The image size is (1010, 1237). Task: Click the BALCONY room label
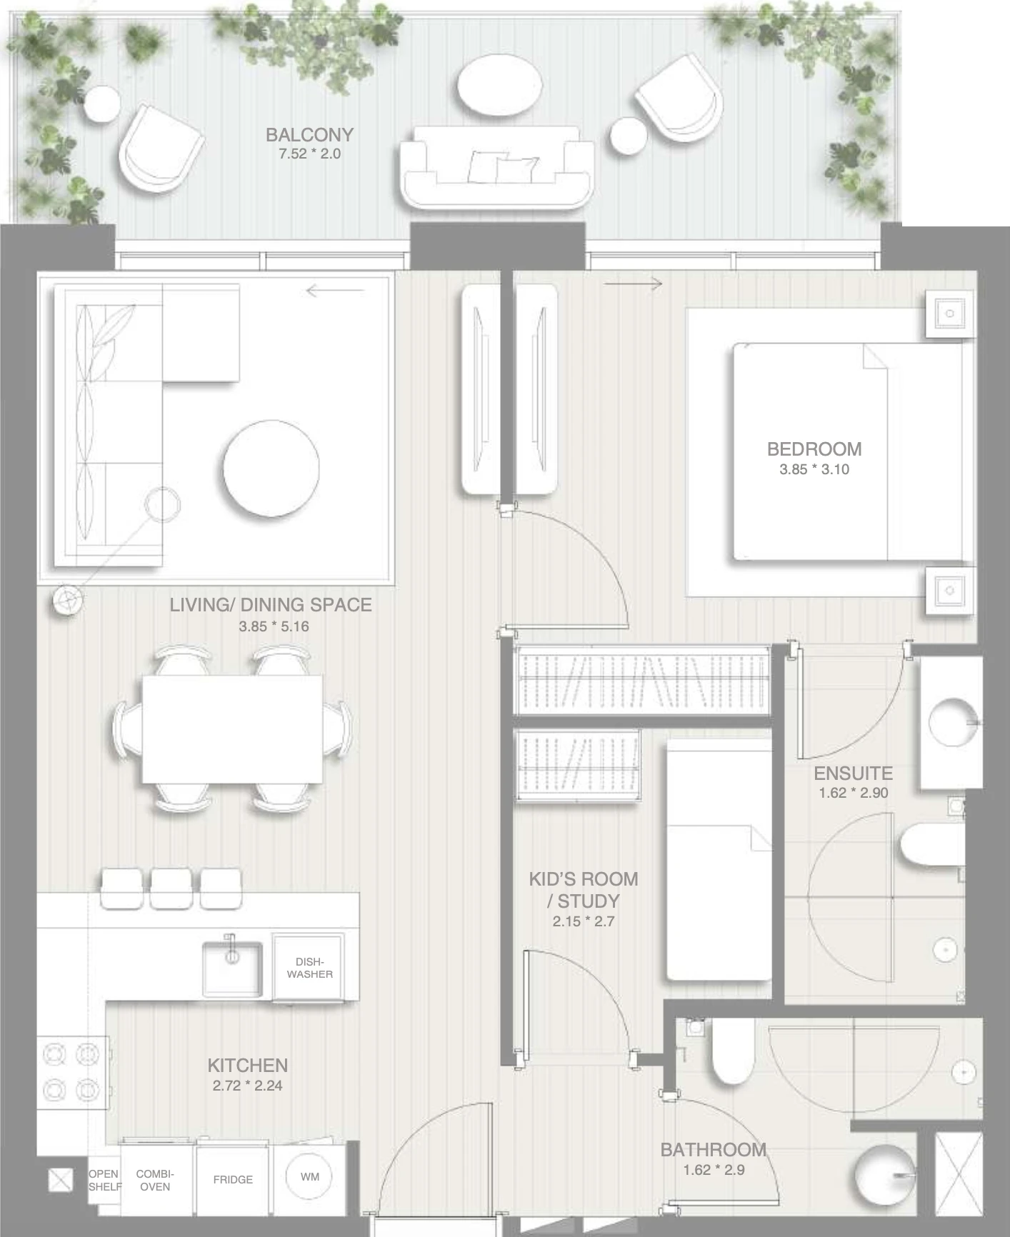point(309,135)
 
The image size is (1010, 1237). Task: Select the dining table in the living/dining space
point(232,729)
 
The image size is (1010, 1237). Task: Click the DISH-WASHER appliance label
point(310,968)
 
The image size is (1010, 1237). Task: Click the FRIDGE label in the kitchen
point(233,1179)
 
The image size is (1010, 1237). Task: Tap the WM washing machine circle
point(310,1176)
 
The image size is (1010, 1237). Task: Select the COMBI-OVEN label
point(155,1180)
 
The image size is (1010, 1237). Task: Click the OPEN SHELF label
point(104,1180)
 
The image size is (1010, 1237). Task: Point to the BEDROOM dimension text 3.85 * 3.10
point(814,469)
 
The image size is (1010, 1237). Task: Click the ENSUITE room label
point(853,773)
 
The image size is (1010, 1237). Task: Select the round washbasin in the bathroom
point(884,1175)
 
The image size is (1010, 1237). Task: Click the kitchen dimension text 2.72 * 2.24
point(247,1086)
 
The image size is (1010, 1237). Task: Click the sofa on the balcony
point(496,167)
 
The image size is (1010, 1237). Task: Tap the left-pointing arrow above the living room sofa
point(335,291)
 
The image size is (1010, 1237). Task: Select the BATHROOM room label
point(713,1150)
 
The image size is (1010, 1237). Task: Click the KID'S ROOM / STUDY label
point(584,890)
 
